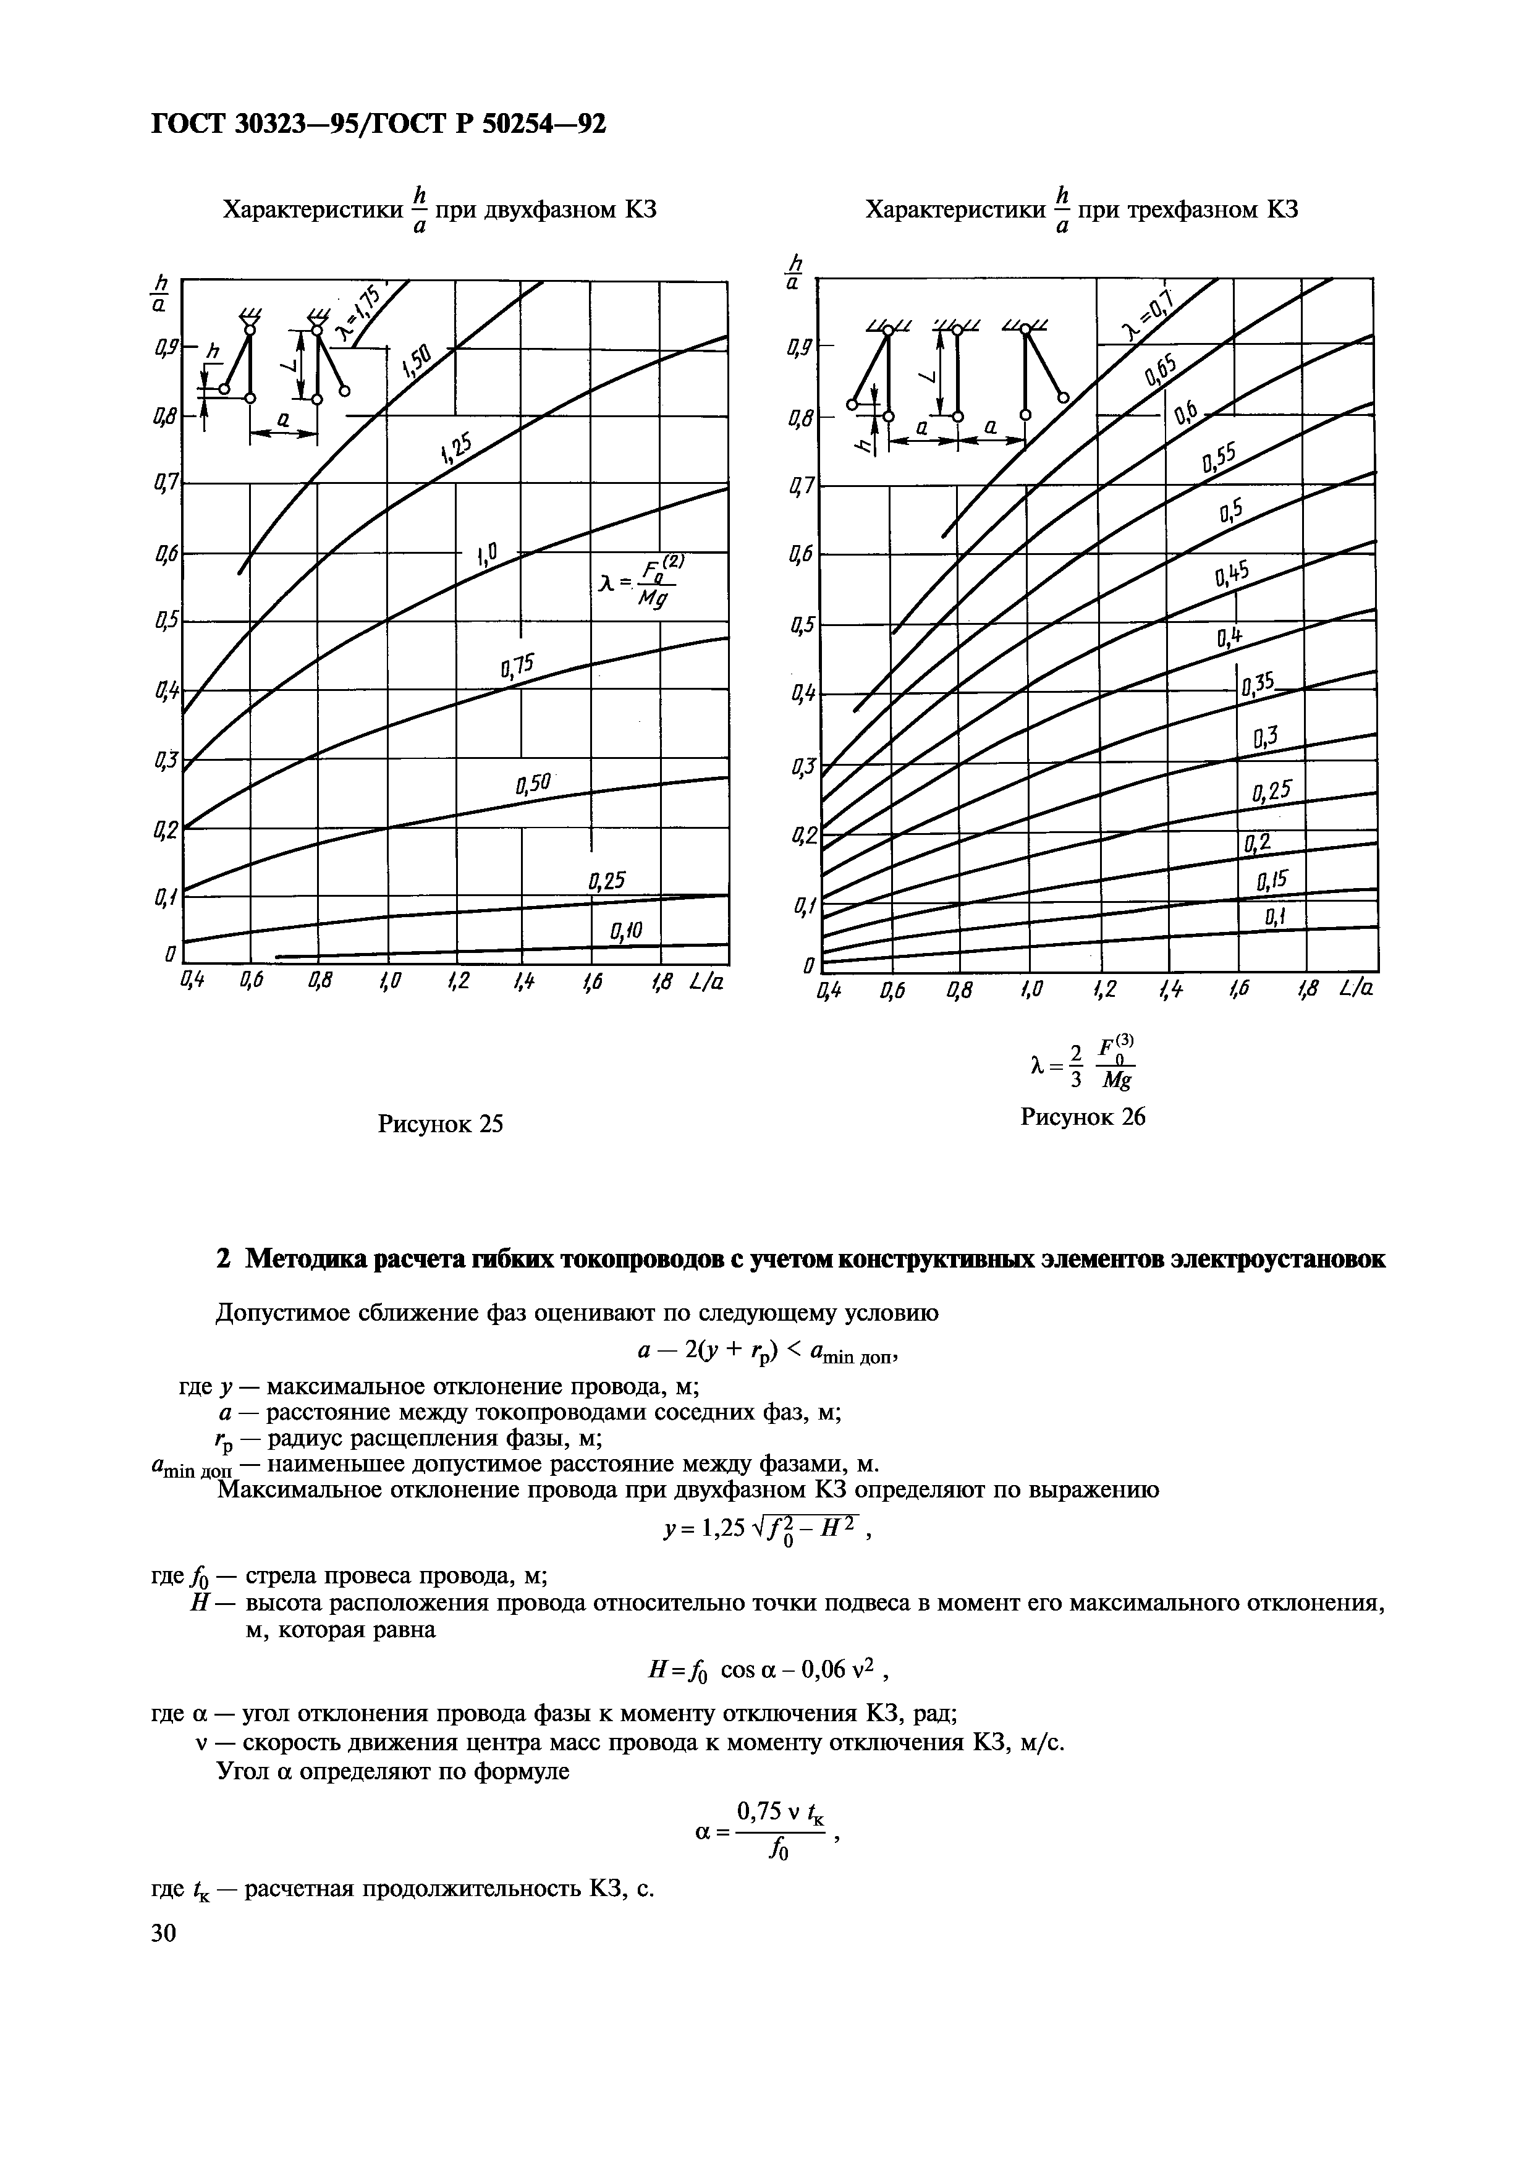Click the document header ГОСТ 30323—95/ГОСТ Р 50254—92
[378, 124]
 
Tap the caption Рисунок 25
[440, 1124]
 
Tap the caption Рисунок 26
[1083, 1117]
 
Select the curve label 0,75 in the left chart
[517, 667]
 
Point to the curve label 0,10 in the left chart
[626, 931]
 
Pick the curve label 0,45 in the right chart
[1232, 572]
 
